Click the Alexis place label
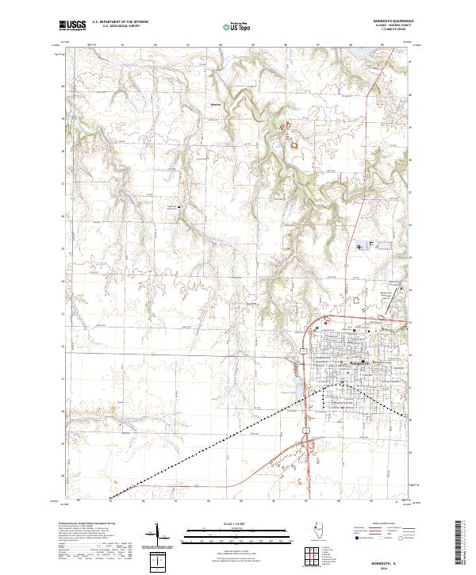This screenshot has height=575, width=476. [x=214, y=105]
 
